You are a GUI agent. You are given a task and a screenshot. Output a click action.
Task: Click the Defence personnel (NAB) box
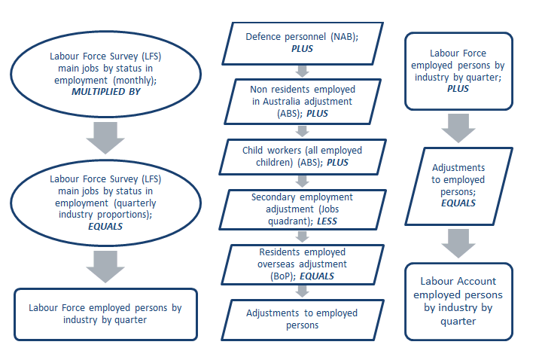301,42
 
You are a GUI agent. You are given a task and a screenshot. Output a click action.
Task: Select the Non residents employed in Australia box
301,101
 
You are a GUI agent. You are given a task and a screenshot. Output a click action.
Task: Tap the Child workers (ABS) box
301,156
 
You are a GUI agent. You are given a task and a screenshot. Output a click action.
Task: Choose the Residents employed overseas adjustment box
301,264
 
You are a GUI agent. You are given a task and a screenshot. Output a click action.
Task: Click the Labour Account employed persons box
458,300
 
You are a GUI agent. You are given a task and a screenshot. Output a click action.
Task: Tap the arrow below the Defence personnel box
302,72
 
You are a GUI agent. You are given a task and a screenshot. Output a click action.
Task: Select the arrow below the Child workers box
302,181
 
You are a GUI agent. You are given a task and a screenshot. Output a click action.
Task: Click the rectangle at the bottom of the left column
105,313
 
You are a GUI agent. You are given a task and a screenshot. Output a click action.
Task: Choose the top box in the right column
458,71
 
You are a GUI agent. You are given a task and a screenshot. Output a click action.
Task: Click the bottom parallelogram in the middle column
301,319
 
